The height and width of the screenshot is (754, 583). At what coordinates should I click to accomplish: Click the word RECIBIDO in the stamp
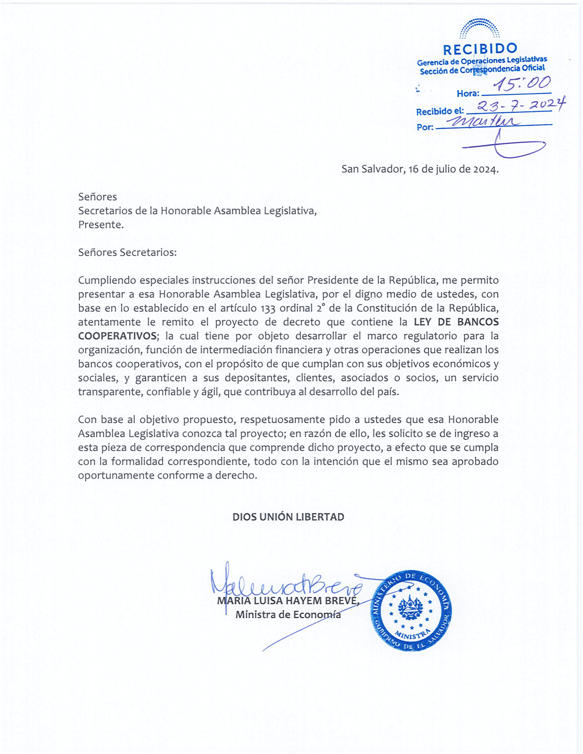(480, 50)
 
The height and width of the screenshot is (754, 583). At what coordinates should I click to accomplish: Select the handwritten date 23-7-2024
(518, 106)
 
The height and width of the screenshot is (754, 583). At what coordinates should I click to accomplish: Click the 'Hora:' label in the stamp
(468, 94)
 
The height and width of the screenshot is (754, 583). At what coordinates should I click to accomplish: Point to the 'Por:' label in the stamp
(425, 127)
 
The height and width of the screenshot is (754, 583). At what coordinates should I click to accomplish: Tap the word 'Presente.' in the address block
(100, 225)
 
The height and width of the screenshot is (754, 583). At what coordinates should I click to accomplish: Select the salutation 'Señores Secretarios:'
(127, 252)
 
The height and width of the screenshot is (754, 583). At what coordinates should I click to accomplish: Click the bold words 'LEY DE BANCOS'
(456, 322)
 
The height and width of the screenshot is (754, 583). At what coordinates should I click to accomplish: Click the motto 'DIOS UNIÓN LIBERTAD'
(288, 517)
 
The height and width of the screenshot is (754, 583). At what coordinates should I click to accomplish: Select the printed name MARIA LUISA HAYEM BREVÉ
(288, 601)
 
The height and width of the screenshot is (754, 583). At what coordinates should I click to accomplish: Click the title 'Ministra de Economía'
(288, 615)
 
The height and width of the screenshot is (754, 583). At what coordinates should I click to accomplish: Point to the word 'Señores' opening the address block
(97, 197)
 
